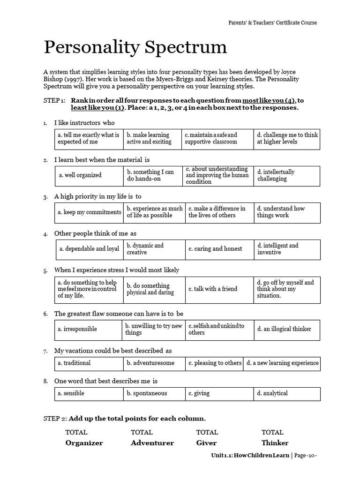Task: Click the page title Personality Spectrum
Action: point(135,48)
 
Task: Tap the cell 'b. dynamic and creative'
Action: point(154,249)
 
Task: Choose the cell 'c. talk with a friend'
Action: point(219,289)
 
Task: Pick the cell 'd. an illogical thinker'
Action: point(287,329)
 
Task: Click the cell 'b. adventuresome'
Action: point(154,363)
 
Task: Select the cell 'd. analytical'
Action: point(287,393)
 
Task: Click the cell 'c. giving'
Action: point(219,393)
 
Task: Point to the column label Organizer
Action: point(84,443)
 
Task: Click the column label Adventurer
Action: point(152,443)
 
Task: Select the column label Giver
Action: point(207,443)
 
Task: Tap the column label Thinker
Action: point(275,443)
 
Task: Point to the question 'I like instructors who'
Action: point(84,123)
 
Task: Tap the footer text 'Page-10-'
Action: point(309,456)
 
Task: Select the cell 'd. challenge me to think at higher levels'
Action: point(287,138)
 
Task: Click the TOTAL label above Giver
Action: point(207,432)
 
